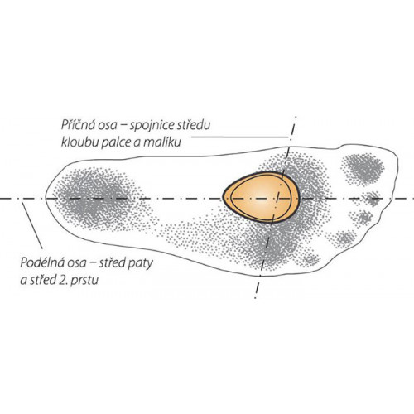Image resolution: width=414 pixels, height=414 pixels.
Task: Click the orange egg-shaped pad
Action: pyautogui.click(x=261, y=197)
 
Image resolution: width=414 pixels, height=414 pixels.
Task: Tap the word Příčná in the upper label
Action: pyautogui.click(x=78, y=125)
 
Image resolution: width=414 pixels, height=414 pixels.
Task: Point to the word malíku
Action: pyautogui.click(x=164, y=142)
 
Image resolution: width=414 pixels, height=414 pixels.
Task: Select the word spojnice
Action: pyautogui.click(x=152, y=126)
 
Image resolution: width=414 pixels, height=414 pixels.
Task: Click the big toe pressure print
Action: pyautogui.click(x=362, y=168)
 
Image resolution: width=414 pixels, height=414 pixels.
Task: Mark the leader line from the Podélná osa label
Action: pyautogui.click(x=32, y=225)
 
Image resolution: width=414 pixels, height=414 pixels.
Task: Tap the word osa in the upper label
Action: pyautogui.click(x=106, y=126)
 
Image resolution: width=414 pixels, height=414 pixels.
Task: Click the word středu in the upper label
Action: pyautogui.click(x=195, y=125)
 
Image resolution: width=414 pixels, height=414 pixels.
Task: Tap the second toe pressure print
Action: pyautogui.click(x=373, y=199)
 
